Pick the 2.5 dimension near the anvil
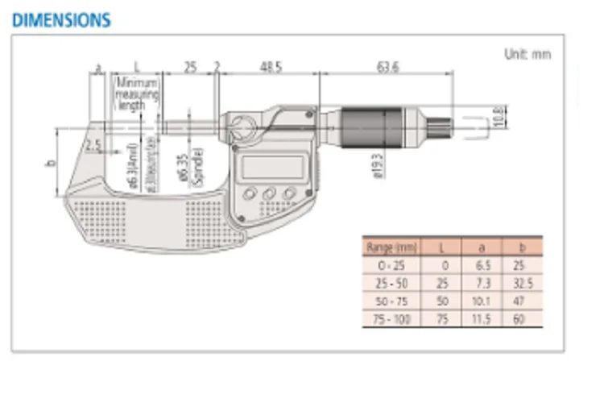point(93,145)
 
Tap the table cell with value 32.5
point(521,284)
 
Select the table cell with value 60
point(521,320)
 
